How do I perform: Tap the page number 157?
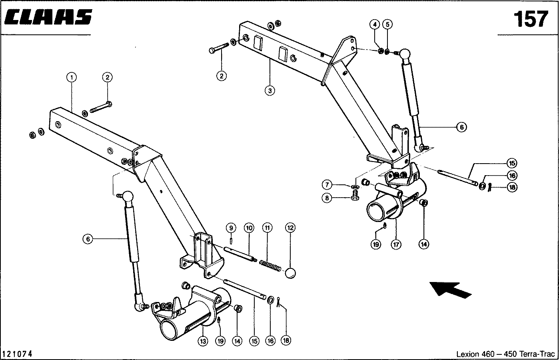[530, 19]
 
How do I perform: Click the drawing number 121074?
[17, 354]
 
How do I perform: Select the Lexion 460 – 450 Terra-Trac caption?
[505, 354]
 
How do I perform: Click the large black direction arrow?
[450, 289]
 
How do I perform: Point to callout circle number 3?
[270, 90]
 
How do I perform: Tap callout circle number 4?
[374, 24]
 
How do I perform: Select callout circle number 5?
[387, 24]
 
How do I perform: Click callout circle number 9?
[231, 228]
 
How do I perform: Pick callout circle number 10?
[249, 228]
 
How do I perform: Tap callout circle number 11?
[267, 228]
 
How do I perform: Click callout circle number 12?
[290, 228]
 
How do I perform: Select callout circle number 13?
[203, 341]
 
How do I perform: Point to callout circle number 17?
[396, 244]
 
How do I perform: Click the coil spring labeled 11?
[270, 265]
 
